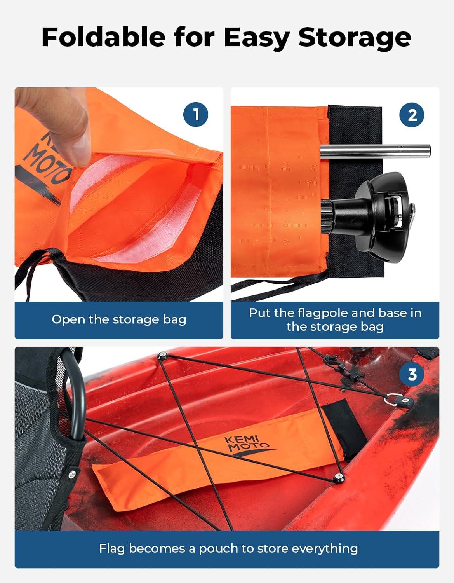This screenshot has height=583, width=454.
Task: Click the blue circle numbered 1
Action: click(x=196, y=115)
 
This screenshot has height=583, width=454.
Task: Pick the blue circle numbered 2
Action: click(x=412, y=115)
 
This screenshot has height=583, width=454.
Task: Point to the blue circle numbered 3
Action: click(x=412, y=374)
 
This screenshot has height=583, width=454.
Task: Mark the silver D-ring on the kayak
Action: click(x=393, y=400)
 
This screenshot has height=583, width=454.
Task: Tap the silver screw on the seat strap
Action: click(x=71, y=475)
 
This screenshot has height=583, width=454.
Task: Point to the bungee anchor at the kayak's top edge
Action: click(x=162, y=356)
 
